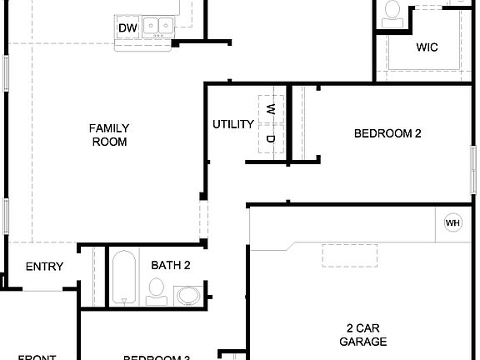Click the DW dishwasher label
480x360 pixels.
point(127,29)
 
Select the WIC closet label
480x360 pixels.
point(427,47)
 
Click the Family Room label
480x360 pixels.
point(109,135)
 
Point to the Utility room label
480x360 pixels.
point(233,125)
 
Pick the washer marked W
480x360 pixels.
point(270,109)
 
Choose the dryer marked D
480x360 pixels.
point(270,137)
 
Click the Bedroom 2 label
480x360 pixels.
point(387,132)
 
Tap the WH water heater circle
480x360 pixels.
point(452,222)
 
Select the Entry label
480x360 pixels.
point(44,267)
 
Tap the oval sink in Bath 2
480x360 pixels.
point(188,295)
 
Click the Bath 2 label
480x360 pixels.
point(171,266)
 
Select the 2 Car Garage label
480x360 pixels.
point(363,334)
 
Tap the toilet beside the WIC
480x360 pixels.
point(392,11)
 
